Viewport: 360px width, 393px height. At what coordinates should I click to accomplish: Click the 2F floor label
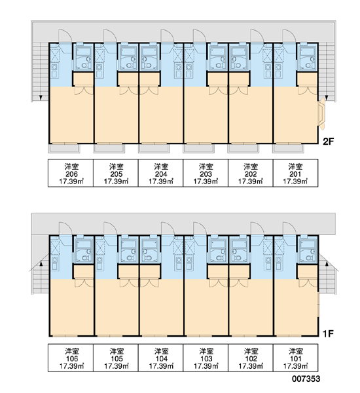click(328, 141)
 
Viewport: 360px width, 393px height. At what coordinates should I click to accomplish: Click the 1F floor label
click(328, 333)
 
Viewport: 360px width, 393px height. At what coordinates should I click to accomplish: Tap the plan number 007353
click(306, 379)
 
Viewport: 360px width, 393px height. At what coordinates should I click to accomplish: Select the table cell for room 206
click(71, 173)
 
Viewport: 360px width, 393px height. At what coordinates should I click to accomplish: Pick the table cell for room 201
click(296, 173)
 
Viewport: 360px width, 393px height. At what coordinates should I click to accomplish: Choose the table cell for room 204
click(160, 173)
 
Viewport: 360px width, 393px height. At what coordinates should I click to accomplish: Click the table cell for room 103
click(206, 358)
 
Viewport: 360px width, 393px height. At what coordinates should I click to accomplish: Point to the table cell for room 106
click(71, 358)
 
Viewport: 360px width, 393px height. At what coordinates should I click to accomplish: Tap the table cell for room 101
click(296, 358)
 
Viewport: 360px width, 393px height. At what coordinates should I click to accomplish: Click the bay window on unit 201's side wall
click(321, 114)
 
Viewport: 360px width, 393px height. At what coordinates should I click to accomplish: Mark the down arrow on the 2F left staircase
click(41, 98)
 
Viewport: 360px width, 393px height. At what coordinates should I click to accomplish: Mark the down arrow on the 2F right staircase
click(327, 98)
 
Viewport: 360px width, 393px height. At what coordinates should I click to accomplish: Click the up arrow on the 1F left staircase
click(41, 264)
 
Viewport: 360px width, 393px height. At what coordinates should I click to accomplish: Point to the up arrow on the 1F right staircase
click(327, 264)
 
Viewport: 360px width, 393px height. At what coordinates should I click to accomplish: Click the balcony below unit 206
click(64, 149)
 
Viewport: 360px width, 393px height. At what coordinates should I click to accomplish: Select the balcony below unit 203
click(199, 149)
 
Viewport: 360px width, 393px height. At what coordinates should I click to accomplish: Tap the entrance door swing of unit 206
click(65, 36)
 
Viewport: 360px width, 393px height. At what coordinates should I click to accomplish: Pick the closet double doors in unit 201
click(308, 91)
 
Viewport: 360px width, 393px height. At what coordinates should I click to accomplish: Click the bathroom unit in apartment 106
click(84, 250)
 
